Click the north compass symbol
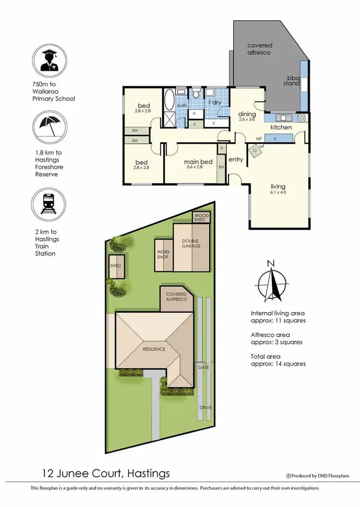[x=271, y=283]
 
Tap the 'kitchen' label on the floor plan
[x=281, y=127]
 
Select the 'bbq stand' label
[x=293, y=80]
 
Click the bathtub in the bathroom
[x=169, y=102]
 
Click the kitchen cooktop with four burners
[x=302, y=117]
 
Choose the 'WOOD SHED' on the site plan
[x=201, y=217]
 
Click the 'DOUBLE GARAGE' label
[x=191, y=243]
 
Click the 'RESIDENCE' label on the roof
[x=154, y=349]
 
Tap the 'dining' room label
[x=247, y=114]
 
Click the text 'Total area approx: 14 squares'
[x=278, y=360]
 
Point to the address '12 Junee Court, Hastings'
[x=105, y=474]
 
